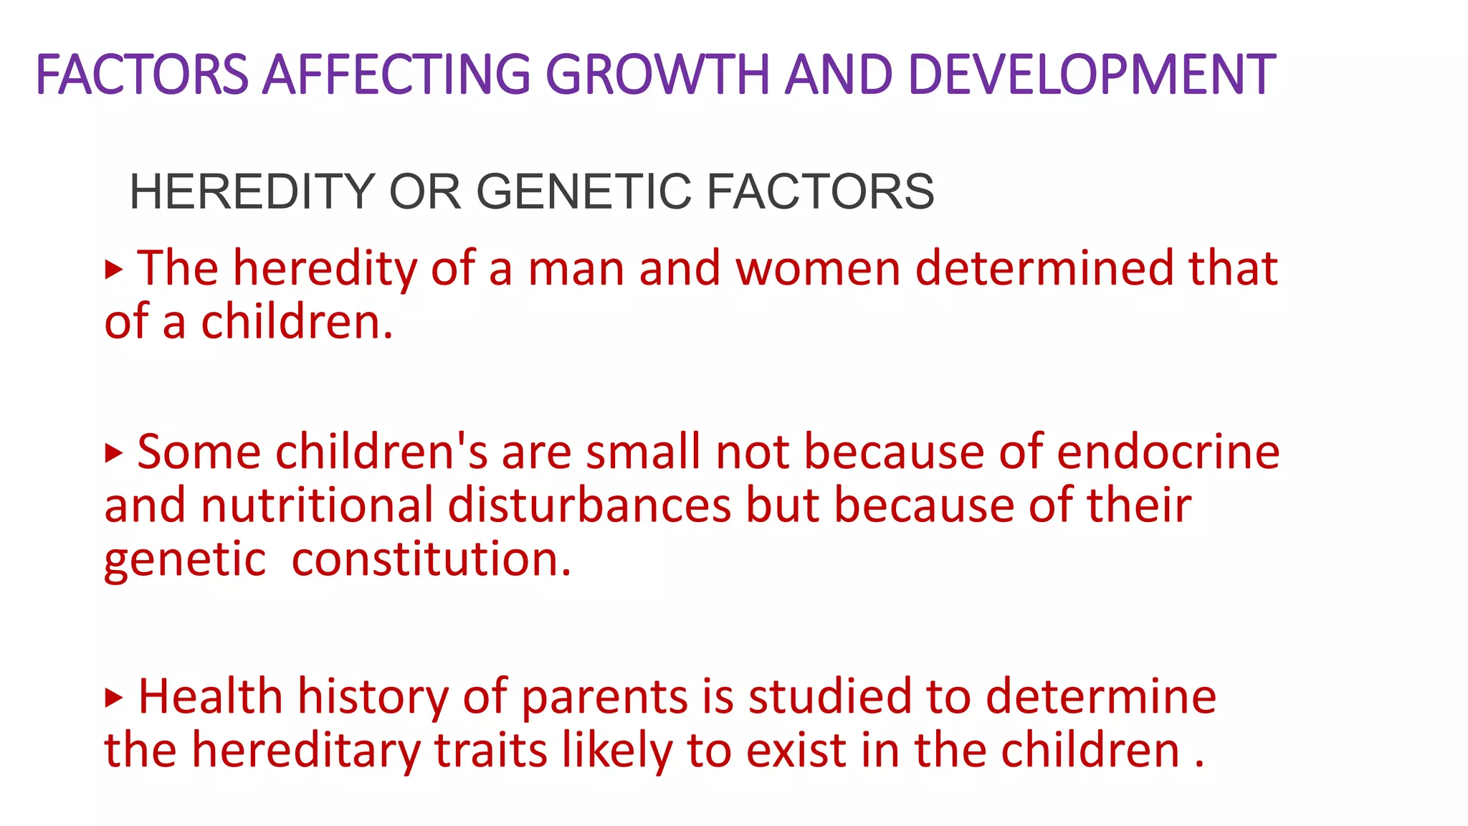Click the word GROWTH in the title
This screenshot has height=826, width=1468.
(657, 75)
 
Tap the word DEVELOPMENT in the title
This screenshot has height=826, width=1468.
(1091, 75)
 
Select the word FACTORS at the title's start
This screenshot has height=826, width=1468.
(142, 75)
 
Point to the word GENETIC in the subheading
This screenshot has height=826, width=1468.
(583, 192)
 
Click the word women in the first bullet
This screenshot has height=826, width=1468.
(817, 269)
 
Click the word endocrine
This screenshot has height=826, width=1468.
(1168, 453)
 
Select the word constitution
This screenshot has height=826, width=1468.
(432, 560)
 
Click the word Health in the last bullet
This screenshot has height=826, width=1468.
(210, 697)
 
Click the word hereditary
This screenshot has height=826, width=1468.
(305, 751)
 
